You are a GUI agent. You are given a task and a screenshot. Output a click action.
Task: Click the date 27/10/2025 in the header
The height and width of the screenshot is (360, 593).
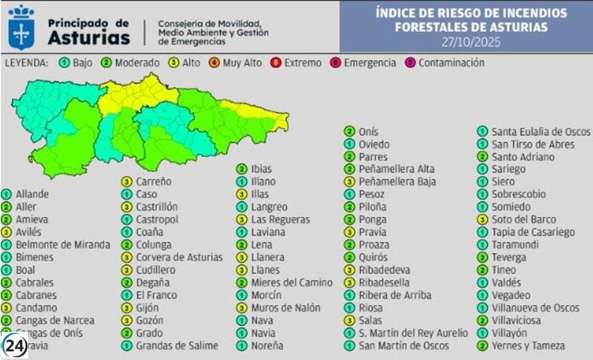pos(471,41)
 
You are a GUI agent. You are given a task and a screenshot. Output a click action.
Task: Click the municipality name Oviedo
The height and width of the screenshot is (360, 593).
pos(374,144)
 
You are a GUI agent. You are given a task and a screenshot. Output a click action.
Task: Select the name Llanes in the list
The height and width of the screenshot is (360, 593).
pos(265,270)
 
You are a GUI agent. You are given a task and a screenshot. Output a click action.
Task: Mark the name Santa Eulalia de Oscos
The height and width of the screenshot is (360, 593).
pos(531,131)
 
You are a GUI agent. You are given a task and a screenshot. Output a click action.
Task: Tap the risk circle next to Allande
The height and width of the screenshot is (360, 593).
pos(6,194)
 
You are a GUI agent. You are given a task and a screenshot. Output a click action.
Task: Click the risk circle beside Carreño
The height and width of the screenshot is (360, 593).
pos(126,181)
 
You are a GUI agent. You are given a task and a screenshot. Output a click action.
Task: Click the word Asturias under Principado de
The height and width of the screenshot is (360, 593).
pos(87,38)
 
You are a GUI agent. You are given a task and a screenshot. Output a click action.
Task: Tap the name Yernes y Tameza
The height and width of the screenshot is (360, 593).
pos(528,345)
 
